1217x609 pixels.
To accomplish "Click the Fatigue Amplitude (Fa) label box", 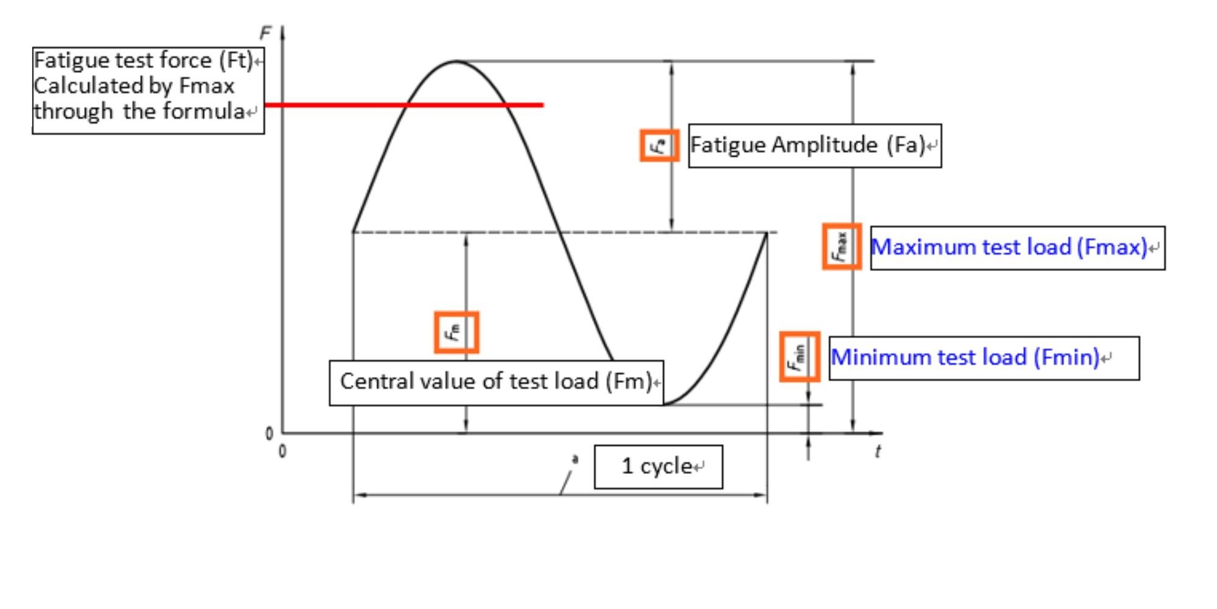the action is point(815,146).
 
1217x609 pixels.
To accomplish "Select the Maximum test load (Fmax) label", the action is point(1017,248).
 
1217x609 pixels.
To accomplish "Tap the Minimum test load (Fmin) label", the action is point(984,358).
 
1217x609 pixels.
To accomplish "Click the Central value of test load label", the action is point(496,382).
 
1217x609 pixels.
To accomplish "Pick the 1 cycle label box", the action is point(658,466).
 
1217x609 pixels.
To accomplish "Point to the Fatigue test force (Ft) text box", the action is point(148,90).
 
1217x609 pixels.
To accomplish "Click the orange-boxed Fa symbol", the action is point(659,146).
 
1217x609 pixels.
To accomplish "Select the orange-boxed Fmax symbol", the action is point(842,246).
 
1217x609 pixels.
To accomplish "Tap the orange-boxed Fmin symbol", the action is point(800,357).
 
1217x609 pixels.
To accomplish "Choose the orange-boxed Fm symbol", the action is point(456,333).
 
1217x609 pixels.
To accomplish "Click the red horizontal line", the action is point(404,105).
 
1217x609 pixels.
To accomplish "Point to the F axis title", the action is point(265,33).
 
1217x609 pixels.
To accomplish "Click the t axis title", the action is point(877,451).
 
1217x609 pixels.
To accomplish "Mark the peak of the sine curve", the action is point(455,61).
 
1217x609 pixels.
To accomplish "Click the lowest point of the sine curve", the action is point(665,404).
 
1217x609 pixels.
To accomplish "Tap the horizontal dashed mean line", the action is point(565,232).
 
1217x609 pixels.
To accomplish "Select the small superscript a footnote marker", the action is point(575,459).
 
